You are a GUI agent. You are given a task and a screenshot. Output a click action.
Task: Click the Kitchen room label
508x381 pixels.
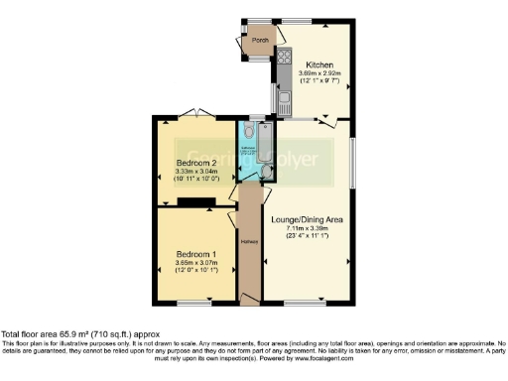(x=318, y=64)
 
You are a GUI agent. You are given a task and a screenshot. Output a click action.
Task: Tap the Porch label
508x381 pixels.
(x=261, y=41)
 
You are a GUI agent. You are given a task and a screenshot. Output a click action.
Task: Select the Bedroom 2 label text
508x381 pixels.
(x=196, y=162)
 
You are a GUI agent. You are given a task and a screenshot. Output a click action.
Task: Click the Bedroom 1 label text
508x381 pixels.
(x=194, y=252)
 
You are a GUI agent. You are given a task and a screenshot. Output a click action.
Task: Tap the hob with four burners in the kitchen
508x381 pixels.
(x=282, y=57)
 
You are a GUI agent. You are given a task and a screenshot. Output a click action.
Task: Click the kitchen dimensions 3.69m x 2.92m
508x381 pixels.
(x=318, y=73)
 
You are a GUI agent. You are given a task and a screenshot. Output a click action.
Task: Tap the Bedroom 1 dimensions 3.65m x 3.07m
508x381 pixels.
(x=194, y=262)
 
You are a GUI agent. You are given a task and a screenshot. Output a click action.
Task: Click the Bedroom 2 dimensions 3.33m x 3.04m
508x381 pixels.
(x=196, y=172)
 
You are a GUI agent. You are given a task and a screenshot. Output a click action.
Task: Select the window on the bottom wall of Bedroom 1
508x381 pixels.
(x=194, y=302)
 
